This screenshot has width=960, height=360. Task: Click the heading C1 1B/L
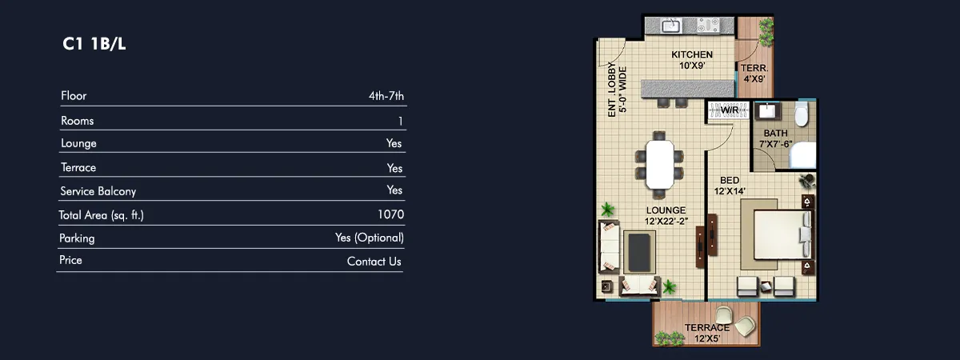click(x=94, y=44)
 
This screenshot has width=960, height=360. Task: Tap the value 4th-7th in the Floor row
click(x=386, y=97)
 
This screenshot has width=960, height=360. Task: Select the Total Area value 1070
click(x=390, y=214)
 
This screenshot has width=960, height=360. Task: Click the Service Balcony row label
click(x=98, y=191)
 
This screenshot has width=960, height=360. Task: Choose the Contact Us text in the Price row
click(x=374, y=262)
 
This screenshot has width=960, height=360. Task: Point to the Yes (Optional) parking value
click(x=369, y=238)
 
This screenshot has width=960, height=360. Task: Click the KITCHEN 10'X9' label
click(x=691, y=60)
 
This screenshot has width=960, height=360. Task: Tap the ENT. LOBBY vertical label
click(x=617, y=90)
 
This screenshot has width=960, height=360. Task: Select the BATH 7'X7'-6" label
click(x=775, y=138)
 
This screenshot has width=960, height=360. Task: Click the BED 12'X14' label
click(x=729, y=186)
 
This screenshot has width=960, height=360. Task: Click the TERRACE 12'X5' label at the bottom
click(x=707, y=334)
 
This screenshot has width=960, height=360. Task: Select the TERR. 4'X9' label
click(x=753, y=74)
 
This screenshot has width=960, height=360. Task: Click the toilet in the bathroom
click(x=802, y=116)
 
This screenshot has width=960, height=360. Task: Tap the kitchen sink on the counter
click(x=670, y=26)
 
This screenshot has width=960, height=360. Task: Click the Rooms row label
click(x=77, y=121)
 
